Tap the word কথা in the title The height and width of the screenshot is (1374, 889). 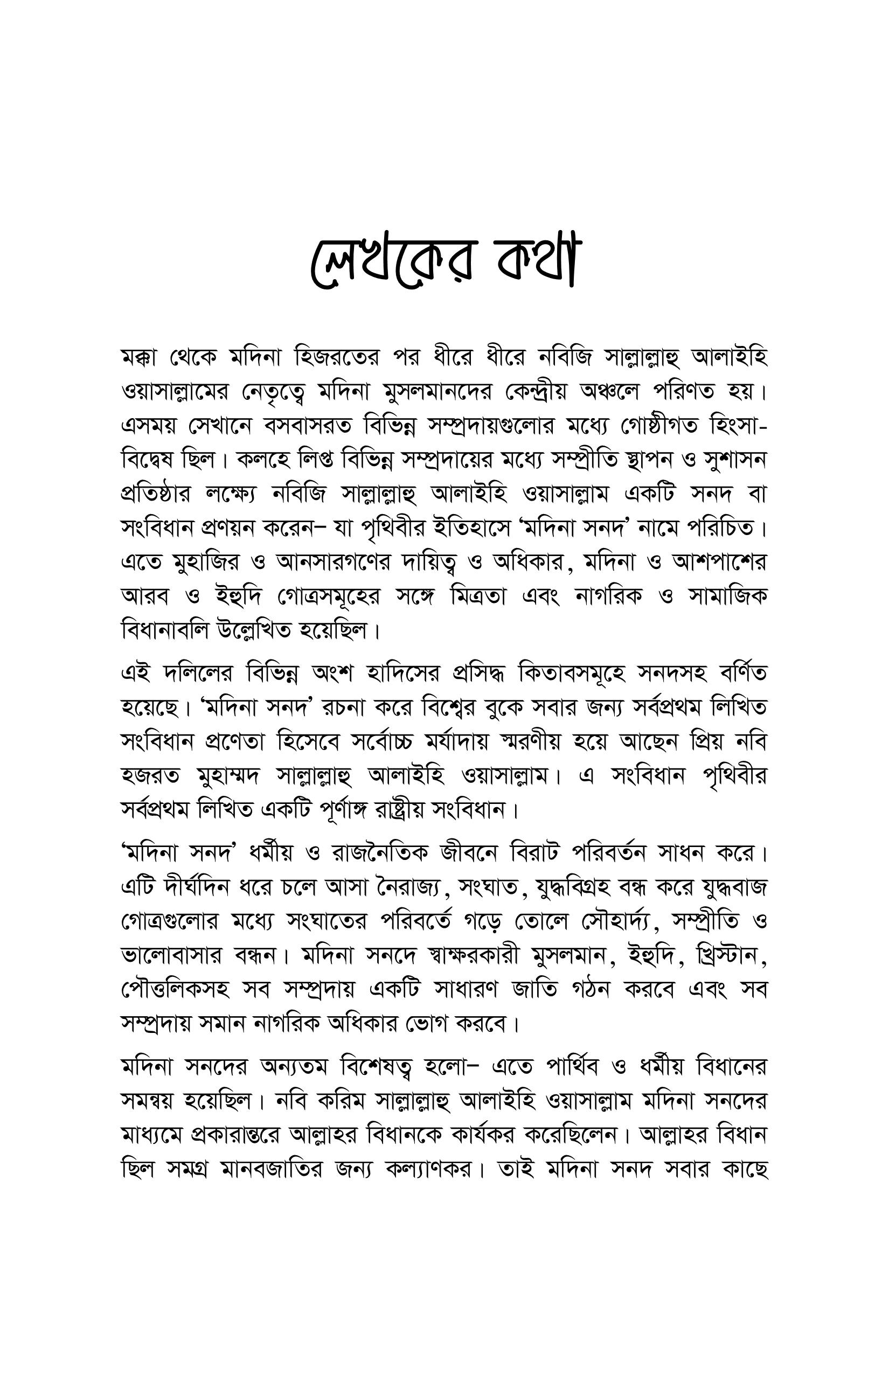pos(537,263)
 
